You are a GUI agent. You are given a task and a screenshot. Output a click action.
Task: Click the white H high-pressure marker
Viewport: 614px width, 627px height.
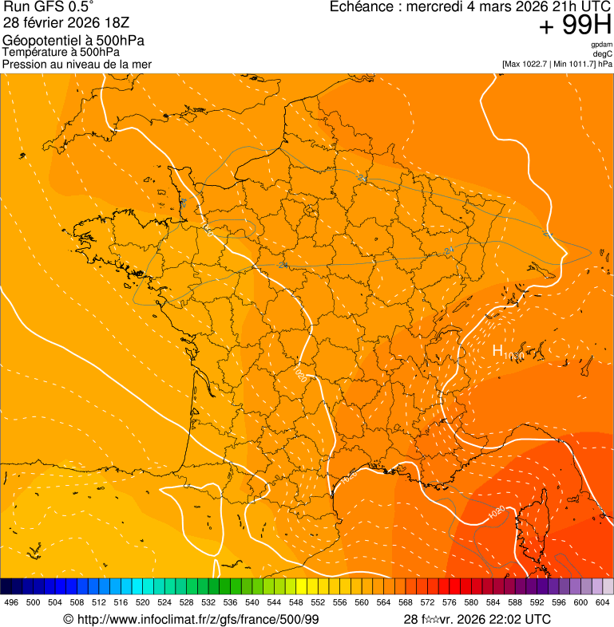coord(497,350)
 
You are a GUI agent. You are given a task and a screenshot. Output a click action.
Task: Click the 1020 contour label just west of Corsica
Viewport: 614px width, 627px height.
coord(496,513)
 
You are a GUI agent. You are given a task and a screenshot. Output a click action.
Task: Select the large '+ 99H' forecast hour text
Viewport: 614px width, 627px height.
coord(575,26)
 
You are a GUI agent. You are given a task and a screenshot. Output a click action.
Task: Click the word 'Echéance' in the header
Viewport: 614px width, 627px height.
coord(359,6)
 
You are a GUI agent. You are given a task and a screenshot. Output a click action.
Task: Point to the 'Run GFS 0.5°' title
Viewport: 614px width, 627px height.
coord(49,6)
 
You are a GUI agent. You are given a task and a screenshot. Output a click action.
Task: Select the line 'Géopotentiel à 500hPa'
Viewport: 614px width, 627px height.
coord(73,41)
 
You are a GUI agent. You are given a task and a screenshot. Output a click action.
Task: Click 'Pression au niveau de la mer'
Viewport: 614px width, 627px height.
coord(77,64)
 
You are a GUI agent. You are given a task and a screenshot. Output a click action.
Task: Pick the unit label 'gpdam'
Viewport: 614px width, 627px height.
coord(601,45)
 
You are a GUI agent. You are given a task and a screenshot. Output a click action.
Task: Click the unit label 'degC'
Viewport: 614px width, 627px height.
coord(603,53)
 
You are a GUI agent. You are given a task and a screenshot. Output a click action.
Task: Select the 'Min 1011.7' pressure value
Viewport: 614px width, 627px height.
coord(574,64)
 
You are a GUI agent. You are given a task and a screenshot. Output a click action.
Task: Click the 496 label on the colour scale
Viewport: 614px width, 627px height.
coord(11,603)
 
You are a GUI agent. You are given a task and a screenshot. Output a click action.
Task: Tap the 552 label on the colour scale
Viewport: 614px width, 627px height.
coord(318,603)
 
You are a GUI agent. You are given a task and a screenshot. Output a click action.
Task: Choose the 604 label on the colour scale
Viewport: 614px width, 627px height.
coord(603,603)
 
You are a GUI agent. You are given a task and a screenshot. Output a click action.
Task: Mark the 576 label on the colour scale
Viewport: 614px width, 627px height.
coord(450,603)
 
